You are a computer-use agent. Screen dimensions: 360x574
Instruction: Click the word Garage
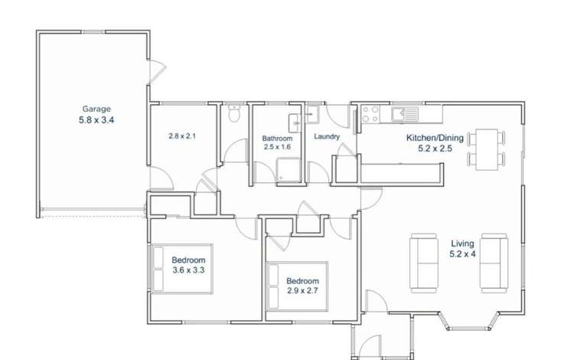tap(96, 109)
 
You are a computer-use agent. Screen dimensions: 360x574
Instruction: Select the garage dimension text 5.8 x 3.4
tap(96, 120)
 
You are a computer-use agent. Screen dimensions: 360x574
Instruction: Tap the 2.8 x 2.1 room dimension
tap(183, 136)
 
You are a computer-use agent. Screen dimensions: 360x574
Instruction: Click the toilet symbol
tap(234, 115)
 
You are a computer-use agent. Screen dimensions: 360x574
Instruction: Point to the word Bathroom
tap(277, 139)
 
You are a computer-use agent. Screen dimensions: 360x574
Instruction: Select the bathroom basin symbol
tap(294, 123)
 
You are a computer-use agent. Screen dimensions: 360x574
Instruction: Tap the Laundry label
tap(327, 136)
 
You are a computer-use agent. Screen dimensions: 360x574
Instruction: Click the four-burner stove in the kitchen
tap(370, 114)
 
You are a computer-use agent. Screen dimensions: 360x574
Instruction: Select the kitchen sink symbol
tap(403, 115)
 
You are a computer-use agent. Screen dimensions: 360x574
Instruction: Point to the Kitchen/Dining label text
tap(434, 139)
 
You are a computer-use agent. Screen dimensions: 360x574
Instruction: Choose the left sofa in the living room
tap(424, 262)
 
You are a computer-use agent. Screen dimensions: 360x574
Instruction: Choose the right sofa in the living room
tap(494, 262)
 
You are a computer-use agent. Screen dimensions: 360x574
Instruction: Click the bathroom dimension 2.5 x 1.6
tap(277, 147)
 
